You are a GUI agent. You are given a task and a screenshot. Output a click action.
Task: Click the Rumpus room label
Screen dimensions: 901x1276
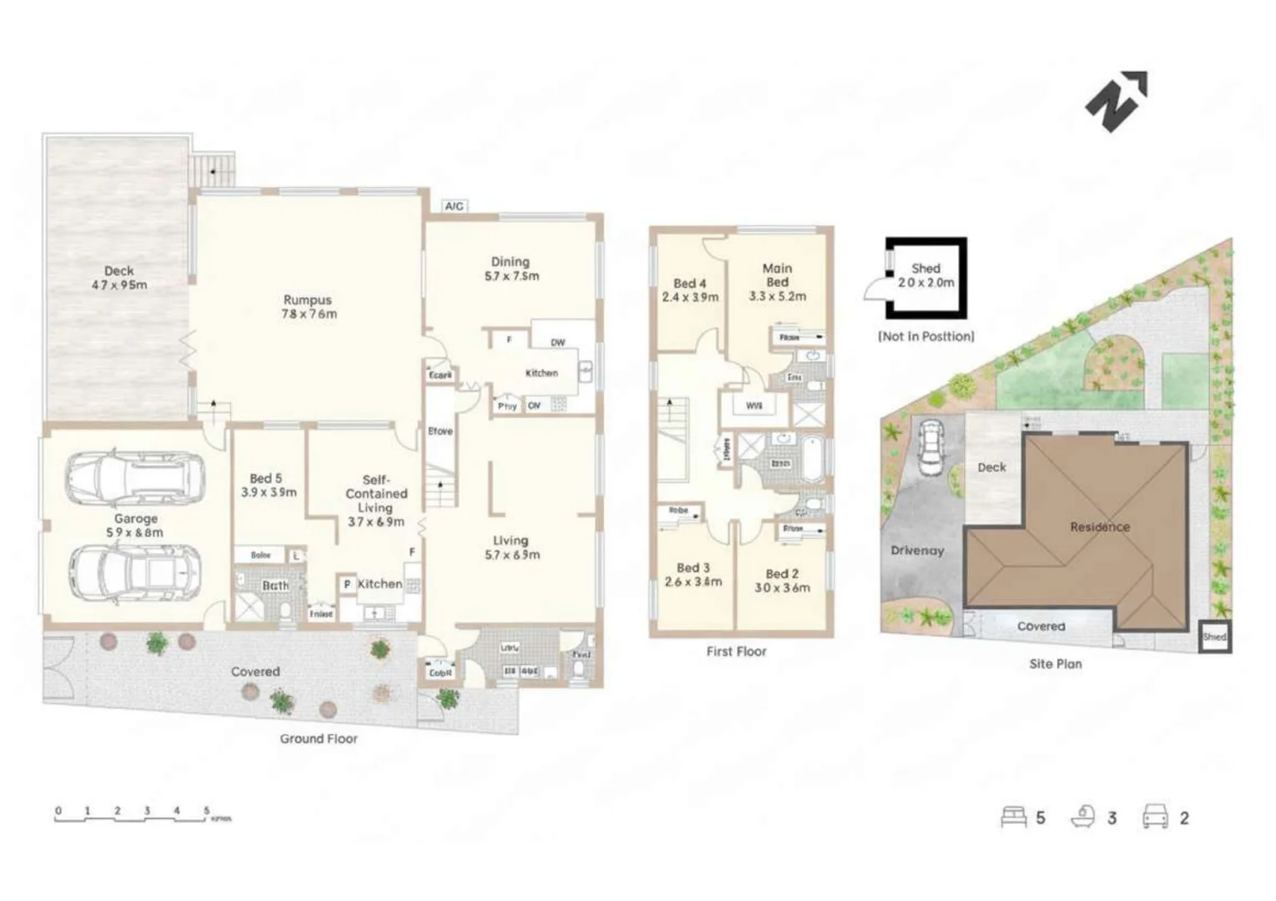[x=308, y=307]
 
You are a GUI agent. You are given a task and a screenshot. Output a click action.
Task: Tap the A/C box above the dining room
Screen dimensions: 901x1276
[x=453, y=206]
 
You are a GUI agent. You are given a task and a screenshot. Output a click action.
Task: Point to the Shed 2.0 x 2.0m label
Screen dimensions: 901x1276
[x=925, y=275]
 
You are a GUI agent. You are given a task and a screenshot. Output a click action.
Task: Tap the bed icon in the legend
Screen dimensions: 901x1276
[x=1013, y=817]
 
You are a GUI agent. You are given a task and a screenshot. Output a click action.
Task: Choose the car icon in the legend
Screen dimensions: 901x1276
[x=1155, y=817]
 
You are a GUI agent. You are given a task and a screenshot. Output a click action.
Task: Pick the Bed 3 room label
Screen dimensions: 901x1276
[x=693, y=575]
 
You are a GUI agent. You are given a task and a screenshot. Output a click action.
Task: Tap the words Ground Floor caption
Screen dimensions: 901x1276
[x=318, y=738]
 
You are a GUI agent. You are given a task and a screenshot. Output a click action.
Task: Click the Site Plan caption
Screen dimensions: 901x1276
[x=1055, y=664]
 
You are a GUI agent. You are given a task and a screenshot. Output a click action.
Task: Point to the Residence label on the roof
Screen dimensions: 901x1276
[x=1100, y=526]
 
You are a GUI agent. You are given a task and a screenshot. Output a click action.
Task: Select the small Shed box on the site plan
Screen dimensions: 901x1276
[x=1214, y=637]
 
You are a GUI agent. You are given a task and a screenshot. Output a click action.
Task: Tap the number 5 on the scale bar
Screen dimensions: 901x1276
[x=206, y=810]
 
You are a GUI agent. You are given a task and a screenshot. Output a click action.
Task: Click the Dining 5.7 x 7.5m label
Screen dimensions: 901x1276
[x=512, y=269]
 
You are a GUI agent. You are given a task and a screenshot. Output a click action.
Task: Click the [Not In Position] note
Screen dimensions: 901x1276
[x=925, y=336]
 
